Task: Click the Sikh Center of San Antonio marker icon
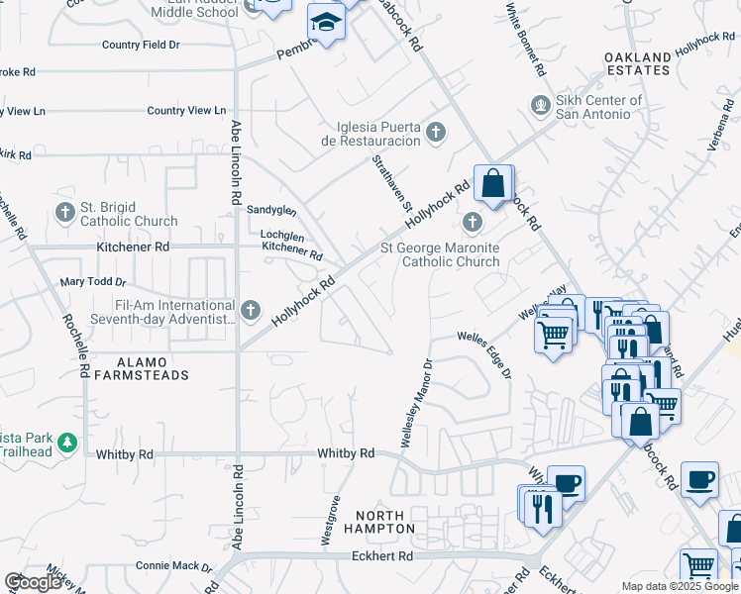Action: click(540, 102)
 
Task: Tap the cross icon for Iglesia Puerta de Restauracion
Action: click(436, 131)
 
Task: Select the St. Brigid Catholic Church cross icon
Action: click(65, 211)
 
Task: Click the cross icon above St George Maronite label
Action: click(473, 221)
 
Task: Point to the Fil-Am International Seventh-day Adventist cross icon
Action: click(251, 310)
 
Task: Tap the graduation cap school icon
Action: click(325, 20)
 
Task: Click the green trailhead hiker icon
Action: click(67, 443)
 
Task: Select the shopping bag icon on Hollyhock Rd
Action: click(492, 183)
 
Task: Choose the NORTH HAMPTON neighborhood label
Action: click(380, 522)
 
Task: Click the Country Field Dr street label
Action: click(141, 45)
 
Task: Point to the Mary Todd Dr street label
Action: click(95, 282)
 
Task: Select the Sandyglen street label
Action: click(271, 210)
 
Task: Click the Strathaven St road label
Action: click(392, 182)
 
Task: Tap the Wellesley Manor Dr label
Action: click(416, 403)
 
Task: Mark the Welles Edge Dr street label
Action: click(484, 353)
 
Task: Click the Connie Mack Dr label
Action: click(173, 568)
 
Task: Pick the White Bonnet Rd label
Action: click(525, 40)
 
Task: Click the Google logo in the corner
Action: click(33, 582)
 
